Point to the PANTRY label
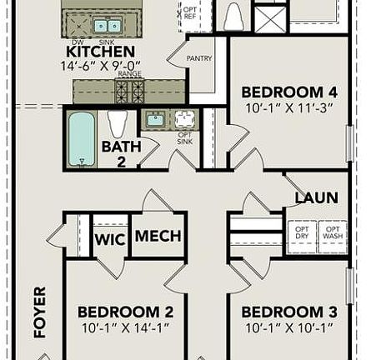coord(199,58)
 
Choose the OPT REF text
coord(191,12)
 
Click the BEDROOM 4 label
coord(289,92)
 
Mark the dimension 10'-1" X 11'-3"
coord(289,107)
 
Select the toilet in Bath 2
coord(118,123)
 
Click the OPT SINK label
coord(184,137)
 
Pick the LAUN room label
coord(316,197)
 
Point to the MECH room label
coord(158,237)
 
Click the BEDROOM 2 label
coord(125,312)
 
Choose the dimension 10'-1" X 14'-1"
coord(125,327)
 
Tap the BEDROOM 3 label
coord(289,312)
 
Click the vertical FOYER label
coord(39,312)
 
